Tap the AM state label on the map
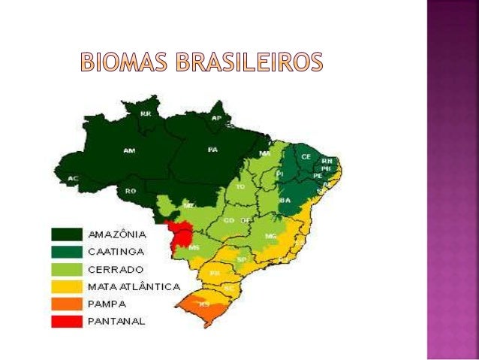click(x=129, y=150)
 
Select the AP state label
click(x=216, y=119)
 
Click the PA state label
click(x=212, y=149)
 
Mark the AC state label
click(x=73, y=178)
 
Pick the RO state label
click(x=131, y=191)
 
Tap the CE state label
click(x=306, y=156)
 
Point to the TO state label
click(x=240, y=185)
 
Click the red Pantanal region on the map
click(x=180, y=231)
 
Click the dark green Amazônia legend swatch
click(x=67, y=233)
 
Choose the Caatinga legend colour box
click(x=67, y=251)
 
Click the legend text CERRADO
click(x=116, y=269)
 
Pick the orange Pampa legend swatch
click(x=67, y=304)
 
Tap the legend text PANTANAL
click(x=118, y=322)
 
